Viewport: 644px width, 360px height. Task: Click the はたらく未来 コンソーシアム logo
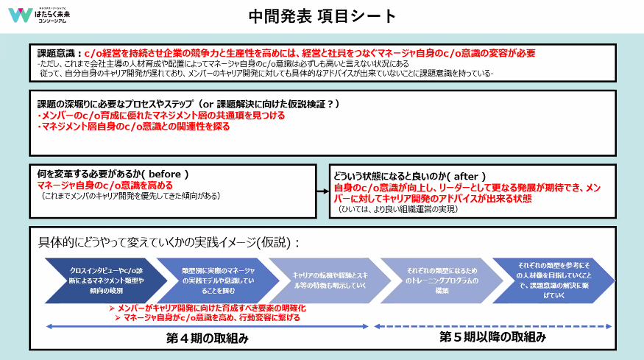pos(44,15)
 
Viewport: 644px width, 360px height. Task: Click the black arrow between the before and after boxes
pos(322,191)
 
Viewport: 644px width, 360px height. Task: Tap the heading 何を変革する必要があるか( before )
pos(113,174)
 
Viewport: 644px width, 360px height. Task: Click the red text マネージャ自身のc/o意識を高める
pos(105,185)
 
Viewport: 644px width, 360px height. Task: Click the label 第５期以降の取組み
pos(492,337)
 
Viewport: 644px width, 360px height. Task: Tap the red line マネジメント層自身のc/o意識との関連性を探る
pos(133,126)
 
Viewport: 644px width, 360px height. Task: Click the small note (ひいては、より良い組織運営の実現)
pos(398,209)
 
